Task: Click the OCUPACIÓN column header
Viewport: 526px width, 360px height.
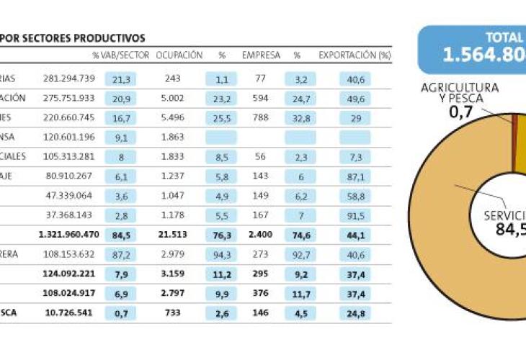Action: (x=179, y=55)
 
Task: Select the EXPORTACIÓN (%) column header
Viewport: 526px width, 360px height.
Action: (x=355, y=55)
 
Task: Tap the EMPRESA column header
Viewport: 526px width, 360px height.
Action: (x=261, y=55)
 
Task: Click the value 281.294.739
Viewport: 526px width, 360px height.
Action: (x=69, y=78)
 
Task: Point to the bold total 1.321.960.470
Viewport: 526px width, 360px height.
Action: (x=69, y=234)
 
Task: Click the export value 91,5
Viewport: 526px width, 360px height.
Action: (x=355, y=215)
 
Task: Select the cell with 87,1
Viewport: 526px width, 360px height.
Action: (x=355, y=176)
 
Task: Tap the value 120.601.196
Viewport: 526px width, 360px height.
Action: (x=69, y=137)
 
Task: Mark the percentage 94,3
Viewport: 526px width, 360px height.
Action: (x=222, y=253)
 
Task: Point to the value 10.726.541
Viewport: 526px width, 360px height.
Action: (x=70, y=312)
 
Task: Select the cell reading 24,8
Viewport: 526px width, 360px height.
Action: (x=355, y=312)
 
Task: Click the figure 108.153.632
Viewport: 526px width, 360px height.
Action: (x=69, y=253)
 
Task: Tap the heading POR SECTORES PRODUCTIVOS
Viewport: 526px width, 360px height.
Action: (x=73, y=38)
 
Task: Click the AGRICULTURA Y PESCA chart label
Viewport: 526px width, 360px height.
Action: (x=461, y=92)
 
